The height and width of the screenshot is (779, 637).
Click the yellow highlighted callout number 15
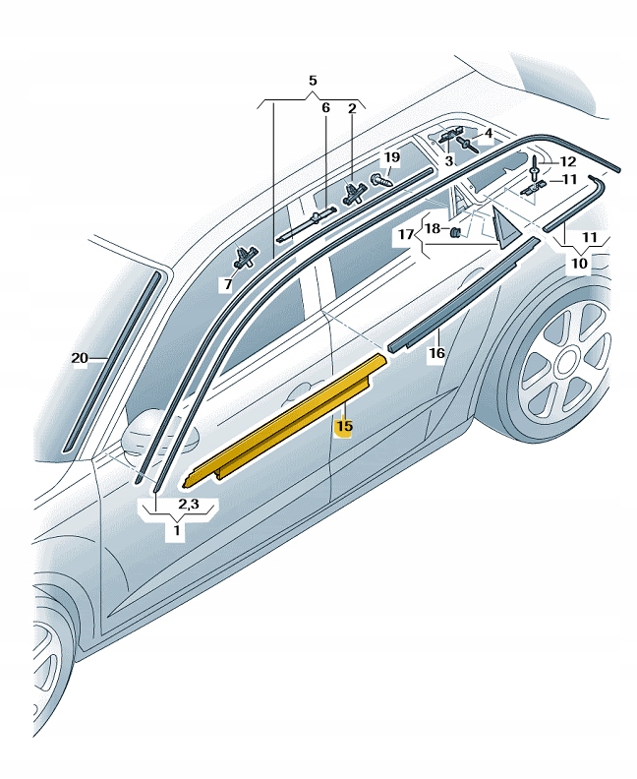coord(344,426)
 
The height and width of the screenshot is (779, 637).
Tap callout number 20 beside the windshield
coord(80,358)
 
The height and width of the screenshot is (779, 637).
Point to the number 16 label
coord(436,353)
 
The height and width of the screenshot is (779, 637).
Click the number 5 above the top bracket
coord(313,81)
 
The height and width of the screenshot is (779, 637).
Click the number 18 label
coord(433,228)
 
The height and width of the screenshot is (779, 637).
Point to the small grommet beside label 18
coord(455,231)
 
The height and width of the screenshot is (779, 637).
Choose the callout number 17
coord(406,233)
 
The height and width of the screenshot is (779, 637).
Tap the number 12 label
coord(567,162)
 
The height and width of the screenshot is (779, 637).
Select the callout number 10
coord(579,263)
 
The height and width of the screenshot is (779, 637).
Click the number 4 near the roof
coord(489,133)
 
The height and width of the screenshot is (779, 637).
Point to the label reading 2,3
coord(189,504)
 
